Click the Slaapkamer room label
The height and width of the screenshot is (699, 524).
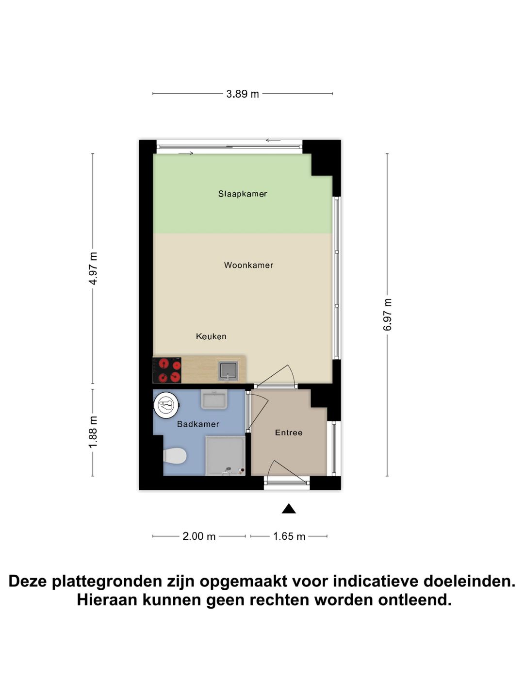[x=243, y=194]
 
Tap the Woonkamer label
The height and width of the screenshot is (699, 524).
[x=248, y=265]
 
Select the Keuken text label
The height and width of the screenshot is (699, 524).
[x=211, y=336]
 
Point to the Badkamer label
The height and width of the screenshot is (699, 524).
[x=198, y=424]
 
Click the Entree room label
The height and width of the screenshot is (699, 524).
[x=289, y=433]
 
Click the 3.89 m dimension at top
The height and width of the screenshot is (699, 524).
[x=243, y=94]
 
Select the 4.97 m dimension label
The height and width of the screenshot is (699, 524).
[x=93, y=268]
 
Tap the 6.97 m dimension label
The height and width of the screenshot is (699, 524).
[x=387, y=315]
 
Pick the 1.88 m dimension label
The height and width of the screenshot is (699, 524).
[x=93, y=432]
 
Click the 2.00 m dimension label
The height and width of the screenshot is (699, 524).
[x=199, y=536]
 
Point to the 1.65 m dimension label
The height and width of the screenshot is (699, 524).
[x=289, y=536]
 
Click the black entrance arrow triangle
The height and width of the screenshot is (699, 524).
[x=289, y=509]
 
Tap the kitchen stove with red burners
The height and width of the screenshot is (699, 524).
[x=167, y=370]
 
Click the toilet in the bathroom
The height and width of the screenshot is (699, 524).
[x=175, y=456]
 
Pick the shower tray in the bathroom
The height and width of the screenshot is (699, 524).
[x=225, y=456]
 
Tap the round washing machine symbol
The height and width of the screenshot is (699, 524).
[x=166, y=405]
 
